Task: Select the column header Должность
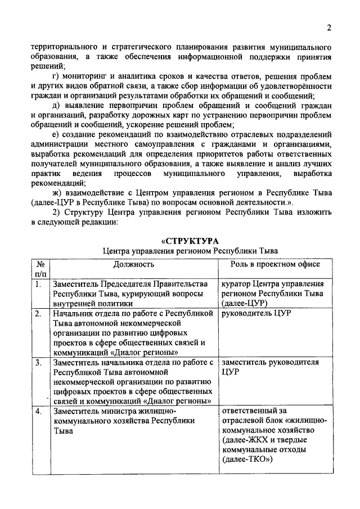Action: pyautogui.click(x=133, y=264)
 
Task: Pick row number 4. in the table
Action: pyautogui.click(x=38, y=411)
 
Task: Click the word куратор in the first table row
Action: pyautogui.click(x=237, y=284)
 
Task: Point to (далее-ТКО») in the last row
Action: pyautogui.click(x=247, y=460)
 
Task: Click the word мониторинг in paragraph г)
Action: pyautogui.click(x=84, y=76)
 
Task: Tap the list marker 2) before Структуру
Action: pyautogui.click(x=55, y=213)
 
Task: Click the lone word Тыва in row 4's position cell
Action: pyautogui.click(x=63, y=430)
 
